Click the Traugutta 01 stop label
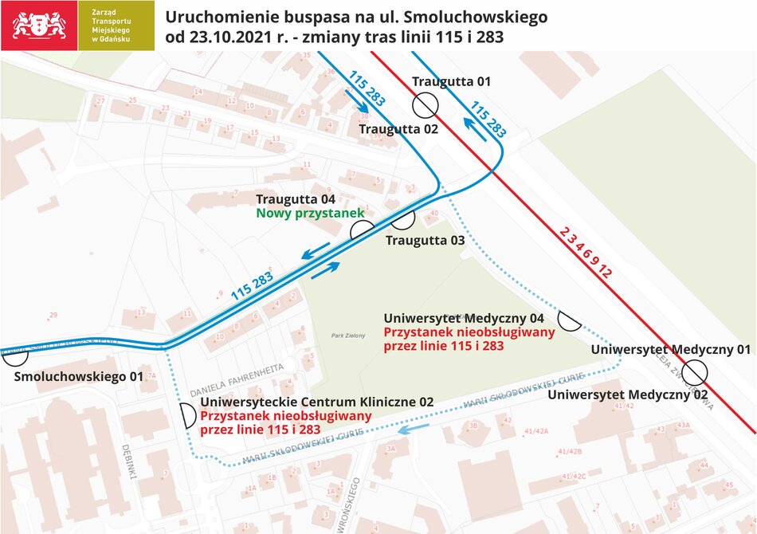click(x=451, y=81)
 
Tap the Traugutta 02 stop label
click(x=398, y=129)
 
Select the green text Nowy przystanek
click(x=309, y=213)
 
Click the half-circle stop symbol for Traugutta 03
click(x=402, y=218)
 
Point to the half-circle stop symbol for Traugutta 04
click(x=362, y=231)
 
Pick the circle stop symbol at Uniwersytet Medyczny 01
click(x=696, y=371)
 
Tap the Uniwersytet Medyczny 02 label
click(x=628, y=395)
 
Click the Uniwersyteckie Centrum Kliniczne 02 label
click(x=317, y=402)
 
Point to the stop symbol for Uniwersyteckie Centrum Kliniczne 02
click(x=188, y=415)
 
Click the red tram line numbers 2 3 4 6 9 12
click(x=585, y=252)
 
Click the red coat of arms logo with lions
click(x=39, y=25)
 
